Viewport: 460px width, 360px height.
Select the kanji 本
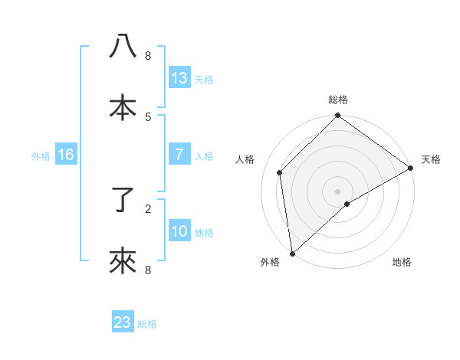(123, 106)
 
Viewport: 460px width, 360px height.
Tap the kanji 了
(123, 201)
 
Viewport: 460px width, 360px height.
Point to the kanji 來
(123, 261)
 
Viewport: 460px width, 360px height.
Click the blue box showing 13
(179, 77)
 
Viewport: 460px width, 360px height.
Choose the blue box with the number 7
(179, 155)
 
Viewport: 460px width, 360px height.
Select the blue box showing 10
(179, 231)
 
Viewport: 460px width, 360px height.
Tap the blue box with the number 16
(66, 155)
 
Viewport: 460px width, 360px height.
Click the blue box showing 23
(123, 322)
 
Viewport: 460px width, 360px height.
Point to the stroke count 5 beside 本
(148, 117)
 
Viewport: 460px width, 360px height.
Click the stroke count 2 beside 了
(148, 208)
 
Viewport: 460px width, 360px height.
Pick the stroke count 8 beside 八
(148, 56)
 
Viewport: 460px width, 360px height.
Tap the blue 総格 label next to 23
(147, 324)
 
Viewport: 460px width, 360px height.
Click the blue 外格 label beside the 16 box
(41, 156)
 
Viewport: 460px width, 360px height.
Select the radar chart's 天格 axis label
(431, 159)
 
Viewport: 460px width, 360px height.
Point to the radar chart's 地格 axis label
(402, 262)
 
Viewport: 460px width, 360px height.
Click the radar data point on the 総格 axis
(337, 116)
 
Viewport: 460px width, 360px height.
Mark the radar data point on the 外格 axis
(292, 254)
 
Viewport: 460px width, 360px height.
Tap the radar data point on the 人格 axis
(280, 172)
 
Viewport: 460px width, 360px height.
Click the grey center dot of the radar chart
(337, 191)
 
